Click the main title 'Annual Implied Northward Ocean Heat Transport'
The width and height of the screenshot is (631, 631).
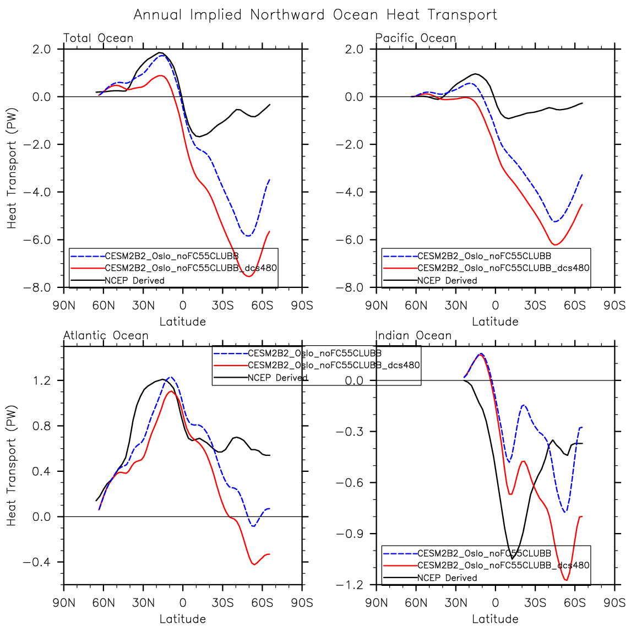coord(315,15)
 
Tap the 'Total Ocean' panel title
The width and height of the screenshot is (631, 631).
coord(99,38)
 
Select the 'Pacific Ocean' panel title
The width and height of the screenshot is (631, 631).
coord(416,38)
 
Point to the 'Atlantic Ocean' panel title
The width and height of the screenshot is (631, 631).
coord(106,335)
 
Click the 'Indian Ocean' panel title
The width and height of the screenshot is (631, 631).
coord(414,335)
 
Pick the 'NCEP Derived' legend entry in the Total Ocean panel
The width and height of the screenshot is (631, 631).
coord(134,280)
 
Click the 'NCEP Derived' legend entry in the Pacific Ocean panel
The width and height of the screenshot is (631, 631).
coord(447,280)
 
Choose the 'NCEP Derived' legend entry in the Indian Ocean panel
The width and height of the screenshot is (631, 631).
coord(447,578)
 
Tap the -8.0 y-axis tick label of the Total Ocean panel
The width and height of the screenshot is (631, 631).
coord(37,287)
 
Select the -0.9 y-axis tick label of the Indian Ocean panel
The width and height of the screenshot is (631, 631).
coord(350,534)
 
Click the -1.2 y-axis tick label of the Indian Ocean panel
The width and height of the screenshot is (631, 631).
coord(350,585)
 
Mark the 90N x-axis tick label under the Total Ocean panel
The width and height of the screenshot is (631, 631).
coord(64,305)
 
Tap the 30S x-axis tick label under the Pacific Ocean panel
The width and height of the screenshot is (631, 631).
coord(535,305)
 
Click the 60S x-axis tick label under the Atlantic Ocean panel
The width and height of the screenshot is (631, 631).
coord(262,602)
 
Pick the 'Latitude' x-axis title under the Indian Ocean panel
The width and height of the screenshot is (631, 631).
coord(495,619)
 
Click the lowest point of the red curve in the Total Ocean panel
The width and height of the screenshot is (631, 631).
coord(249,276)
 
